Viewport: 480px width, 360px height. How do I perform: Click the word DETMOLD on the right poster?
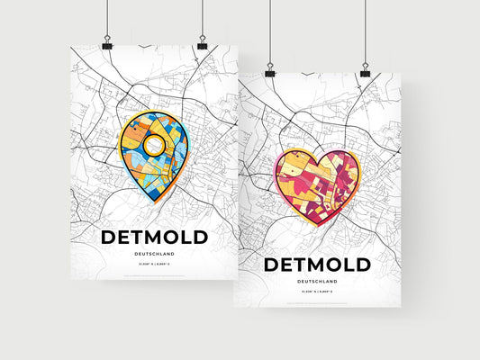pos(316,265)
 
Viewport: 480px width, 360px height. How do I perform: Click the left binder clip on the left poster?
pos(107,44)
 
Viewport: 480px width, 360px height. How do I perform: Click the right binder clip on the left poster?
pos(202,44)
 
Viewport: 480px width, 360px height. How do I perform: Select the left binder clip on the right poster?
pos(269,71)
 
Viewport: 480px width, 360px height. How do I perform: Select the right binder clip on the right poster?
pos(365,71)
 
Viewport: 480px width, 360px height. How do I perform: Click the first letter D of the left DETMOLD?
pos(109,238)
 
